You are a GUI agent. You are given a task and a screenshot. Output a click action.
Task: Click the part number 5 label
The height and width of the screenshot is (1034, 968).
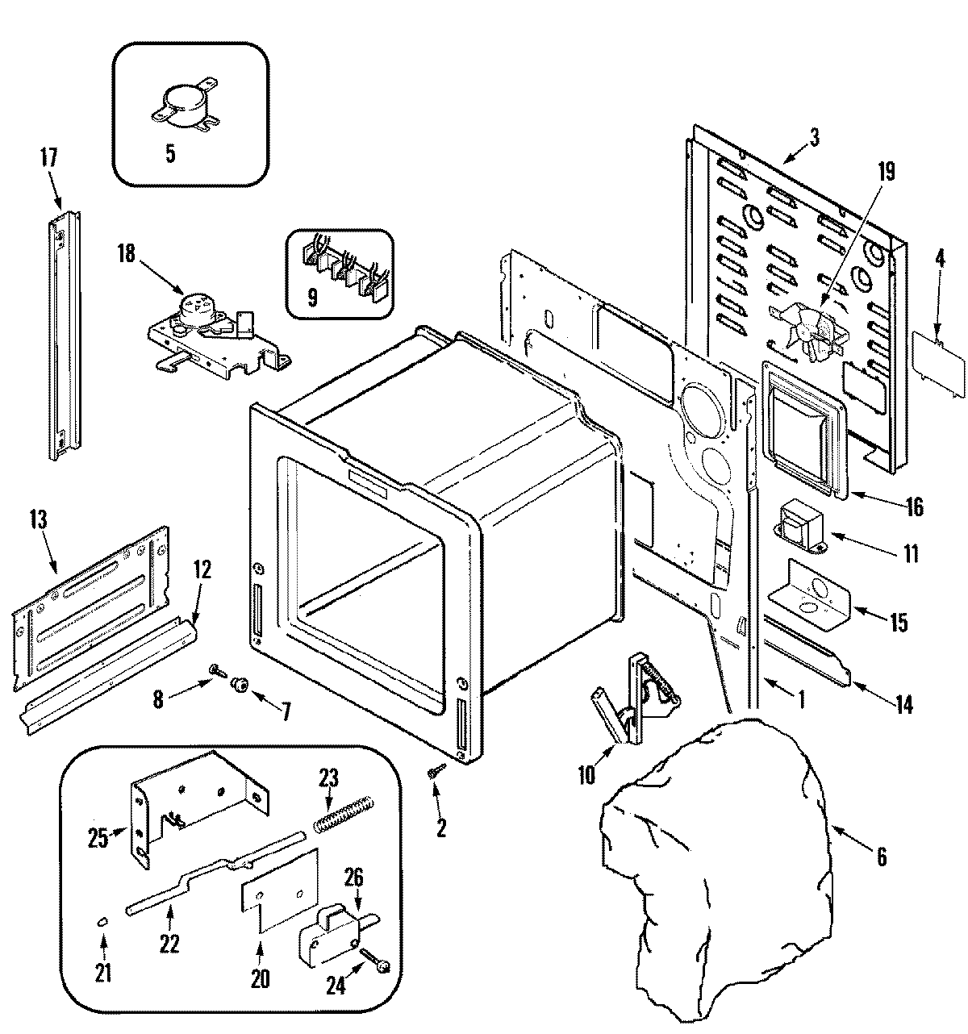click(x=170, y=154)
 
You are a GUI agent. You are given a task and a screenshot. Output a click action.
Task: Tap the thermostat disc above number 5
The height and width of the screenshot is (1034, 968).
click(x=186, y=105)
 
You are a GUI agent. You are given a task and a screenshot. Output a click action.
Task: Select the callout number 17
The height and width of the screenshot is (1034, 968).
click(x=48, y=157)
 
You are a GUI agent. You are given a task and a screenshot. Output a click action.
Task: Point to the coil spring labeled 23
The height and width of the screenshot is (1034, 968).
click(x=344, y=815)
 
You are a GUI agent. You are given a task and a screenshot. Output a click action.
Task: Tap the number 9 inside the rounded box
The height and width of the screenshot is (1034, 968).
click(x=312, y=298)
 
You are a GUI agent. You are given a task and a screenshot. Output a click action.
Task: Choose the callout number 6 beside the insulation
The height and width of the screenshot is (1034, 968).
click(x=881, y=856)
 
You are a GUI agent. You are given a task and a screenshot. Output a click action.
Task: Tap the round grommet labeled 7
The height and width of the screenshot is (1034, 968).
click(x=240, y=685)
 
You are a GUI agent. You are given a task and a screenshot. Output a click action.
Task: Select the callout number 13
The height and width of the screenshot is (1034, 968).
click(x=39, y=519)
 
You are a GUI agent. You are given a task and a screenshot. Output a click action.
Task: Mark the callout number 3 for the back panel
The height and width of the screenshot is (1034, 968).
click(x=815, y=138)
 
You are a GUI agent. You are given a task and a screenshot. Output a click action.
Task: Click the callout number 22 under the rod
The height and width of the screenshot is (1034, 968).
click(x=169, y=944)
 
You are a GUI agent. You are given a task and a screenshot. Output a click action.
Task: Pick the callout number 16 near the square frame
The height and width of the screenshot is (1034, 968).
click(x=914, y=506)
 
